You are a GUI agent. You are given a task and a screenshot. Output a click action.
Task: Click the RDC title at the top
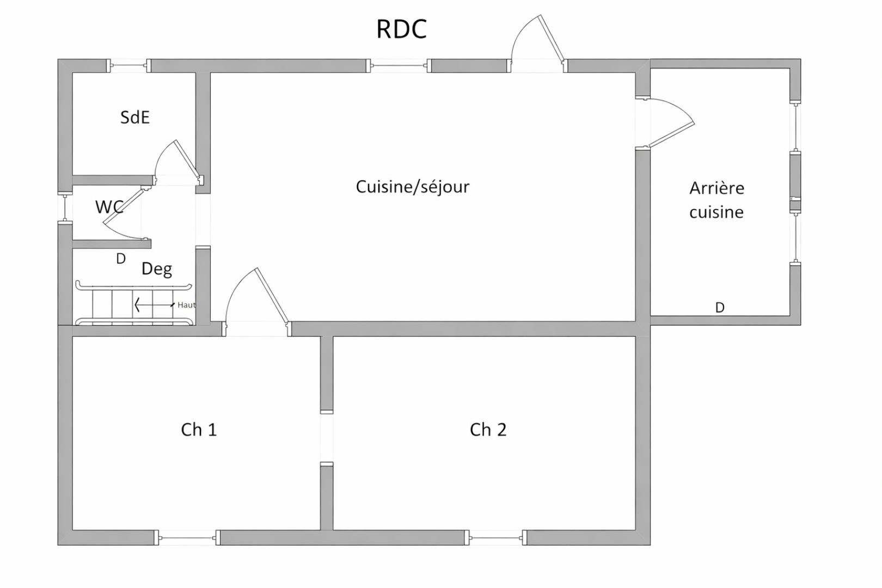[401, 29]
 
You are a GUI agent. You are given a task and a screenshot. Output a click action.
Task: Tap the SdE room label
[134, 118]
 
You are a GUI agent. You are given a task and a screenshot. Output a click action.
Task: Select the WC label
[109, 207]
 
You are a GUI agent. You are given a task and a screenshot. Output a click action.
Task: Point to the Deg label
[157, 269]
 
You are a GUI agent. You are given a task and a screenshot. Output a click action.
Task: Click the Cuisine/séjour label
[412, 187]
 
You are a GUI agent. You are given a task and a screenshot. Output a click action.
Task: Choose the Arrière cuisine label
[716, 200]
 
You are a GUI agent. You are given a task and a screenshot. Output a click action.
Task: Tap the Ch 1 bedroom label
[199, 430]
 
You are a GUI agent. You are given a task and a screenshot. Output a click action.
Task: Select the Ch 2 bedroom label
[488, 430]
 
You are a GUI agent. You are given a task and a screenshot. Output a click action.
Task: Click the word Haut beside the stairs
[186, 305]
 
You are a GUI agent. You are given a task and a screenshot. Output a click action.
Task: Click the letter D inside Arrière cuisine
[720, 308]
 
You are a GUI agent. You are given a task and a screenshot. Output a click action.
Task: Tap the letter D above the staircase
[121, 259]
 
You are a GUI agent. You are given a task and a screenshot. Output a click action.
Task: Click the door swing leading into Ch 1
[256, 297]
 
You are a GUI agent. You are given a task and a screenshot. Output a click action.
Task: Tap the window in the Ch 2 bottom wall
[495, 538]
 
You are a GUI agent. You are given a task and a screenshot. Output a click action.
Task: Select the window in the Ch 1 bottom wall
[187, 538]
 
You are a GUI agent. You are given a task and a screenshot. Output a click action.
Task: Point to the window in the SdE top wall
[128, 66]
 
